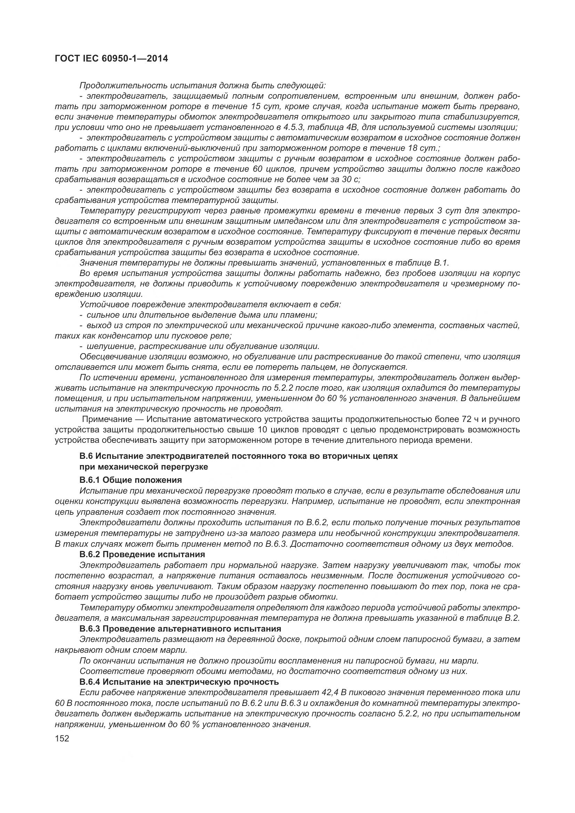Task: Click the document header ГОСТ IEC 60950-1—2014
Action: click(111, 59)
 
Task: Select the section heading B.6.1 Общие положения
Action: click(131, 480)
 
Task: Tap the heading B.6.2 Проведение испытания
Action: click(142, 554)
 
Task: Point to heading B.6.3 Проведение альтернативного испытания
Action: click(180, 628)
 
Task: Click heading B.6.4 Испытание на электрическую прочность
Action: click(179, 682)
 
